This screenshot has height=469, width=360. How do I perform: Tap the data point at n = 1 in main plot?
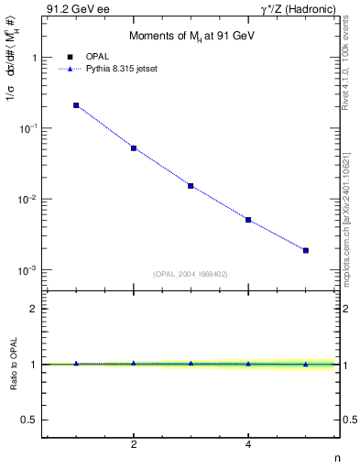pyautogui.click(x=76, y=105)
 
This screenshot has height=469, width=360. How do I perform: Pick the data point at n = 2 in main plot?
pyautogui.click(x=134, y=147)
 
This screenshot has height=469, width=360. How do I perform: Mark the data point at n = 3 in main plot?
pyautogui.click(x=191, y=186)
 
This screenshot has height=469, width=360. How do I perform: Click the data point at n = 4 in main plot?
pyautogui.click(x=248, y=220)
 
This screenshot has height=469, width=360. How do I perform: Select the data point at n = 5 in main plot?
pyautogui.click(x=306, y=250)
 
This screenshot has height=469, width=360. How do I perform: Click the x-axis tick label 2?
pyautogui.click(x=134, y=444)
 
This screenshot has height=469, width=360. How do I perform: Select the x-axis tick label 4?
pyautogui.click(x=248, y=444)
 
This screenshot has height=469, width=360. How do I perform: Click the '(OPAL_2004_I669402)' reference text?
pyautogui.click(x=191, y=272)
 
